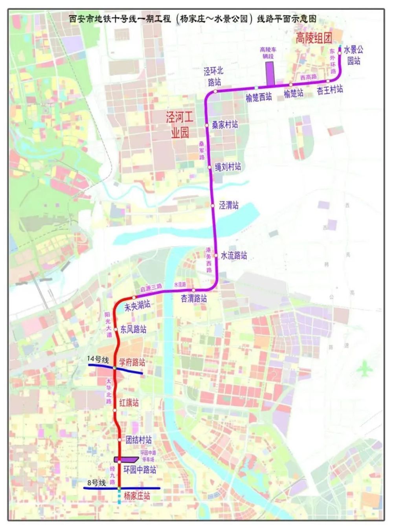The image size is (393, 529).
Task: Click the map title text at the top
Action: pos(193,19)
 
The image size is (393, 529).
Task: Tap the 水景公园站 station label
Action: pos(353,55)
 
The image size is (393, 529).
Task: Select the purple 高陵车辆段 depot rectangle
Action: pos(270,73)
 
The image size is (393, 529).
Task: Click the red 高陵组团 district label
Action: pos(314,38)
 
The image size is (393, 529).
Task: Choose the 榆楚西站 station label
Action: pos(259,97)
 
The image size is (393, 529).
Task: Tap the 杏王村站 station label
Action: pos(330,90)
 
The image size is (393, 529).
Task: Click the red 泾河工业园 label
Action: pos(180,124)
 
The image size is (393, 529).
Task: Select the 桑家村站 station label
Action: pos(225,125)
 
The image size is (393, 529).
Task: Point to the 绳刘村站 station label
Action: pos(228,167)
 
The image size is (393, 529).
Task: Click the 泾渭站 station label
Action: pos(229,205)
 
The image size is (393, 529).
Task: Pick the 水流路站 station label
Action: pos(234,255)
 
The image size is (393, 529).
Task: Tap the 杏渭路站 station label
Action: pos(194,298)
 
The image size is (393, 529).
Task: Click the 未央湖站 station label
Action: pos(137,305)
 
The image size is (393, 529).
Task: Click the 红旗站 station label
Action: pos(129,402)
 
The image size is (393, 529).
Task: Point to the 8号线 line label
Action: pos(97,483)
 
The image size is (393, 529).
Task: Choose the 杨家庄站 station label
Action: pos(137,496)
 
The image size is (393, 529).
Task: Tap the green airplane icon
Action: pos(365,369)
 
